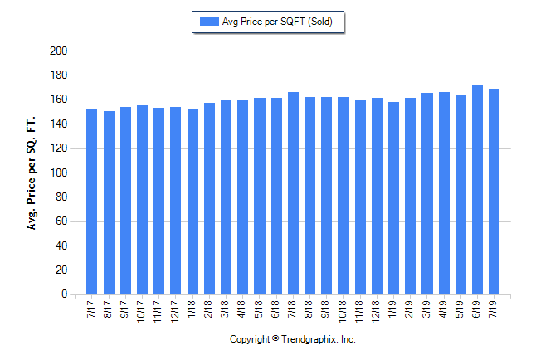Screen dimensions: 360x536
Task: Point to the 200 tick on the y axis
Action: point(58,51)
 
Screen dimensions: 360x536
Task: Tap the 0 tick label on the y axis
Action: point(63,294)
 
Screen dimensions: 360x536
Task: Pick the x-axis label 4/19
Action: point(444,308)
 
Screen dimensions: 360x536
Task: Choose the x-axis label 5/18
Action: point(260,308)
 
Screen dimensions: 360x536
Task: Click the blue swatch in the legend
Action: point(206,22)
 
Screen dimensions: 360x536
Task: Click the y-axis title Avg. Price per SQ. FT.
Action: point(32,173)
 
